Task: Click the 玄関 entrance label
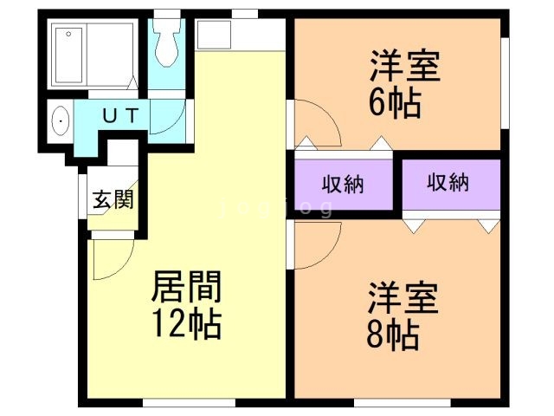point(113,200)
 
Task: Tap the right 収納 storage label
point(448,183)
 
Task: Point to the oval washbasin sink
point(60,120)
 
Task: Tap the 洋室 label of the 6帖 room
point(406,68)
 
